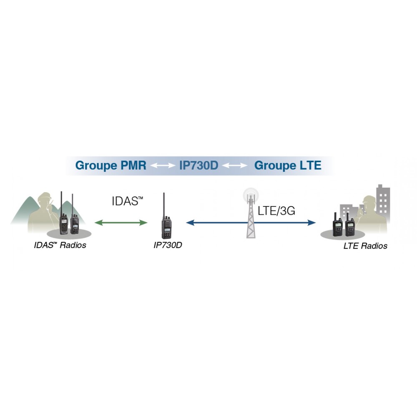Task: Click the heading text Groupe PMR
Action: [111, 166]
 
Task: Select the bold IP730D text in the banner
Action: [198, 166]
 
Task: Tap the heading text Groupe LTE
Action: [288, 166]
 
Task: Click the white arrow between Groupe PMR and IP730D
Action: [163, 166]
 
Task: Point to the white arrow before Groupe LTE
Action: [235, 166]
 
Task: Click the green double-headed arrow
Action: [121, 223]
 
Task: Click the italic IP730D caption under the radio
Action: [168, 245]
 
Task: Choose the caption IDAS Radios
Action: [60, 245]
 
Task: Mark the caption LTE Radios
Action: [365, 246]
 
